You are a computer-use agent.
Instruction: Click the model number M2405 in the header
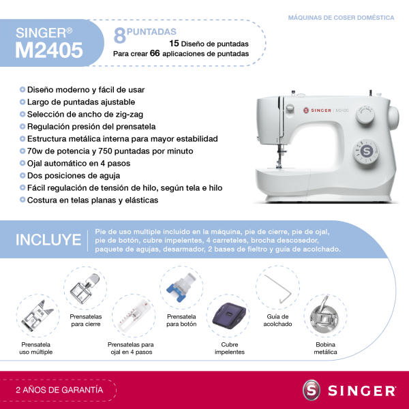[49, 50]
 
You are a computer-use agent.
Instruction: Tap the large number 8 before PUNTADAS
[120, 35]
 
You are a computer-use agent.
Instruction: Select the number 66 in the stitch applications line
[155, 53]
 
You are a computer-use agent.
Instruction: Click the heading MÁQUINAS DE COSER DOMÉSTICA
[341, 18]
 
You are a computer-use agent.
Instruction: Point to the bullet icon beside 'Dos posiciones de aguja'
[22, 175]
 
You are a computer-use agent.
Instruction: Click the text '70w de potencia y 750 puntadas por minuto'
[110, 151]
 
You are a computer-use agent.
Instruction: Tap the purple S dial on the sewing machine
[366, 151]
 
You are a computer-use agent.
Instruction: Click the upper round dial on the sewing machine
[365, 114]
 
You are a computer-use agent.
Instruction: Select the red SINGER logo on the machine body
[317, 110]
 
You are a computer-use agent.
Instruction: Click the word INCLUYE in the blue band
[48, 240]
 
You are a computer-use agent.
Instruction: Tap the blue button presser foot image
[181, 287]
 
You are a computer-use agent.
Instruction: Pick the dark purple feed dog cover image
[229, 316]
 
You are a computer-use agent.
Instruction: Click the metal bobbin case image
[324, 315]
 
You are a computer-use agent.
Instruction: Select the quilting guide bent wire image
[278, 289]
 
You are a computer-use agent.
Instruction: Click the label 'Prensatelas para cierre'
[86, 320]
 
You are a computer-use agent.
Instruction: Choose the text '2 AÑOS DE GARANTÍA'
[59, 390]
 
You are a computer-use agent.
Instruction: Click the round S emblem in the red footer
[312, 390]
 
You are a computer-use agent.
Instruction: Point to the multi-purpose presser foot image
[37, 316]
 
